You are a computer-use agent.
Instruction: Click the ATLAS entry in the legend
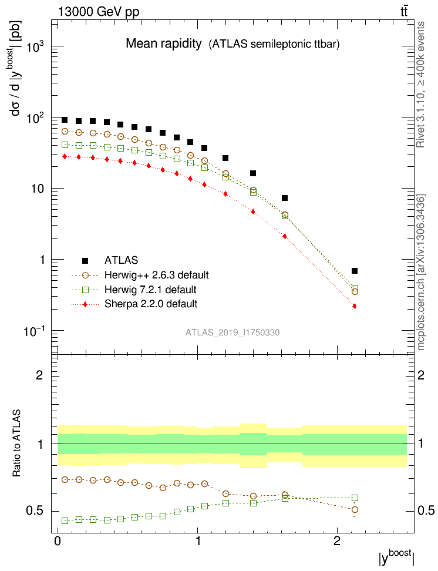[x=122, y=260]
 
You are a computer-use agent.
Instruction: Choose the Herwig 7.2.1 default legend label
[x=150, y=290]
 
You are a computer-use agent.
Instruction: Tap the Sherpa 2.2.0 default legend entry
[x=150, y=304]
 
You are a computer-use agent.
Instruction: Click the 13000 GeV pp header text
[x=99, y=11]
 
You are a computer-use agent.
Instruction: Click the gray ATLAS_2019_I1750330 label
[x=233, y=332]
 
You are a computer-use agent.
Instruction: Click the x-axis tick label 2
[x=337, y=540]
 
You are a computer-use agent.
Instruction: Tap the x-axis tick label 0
[x=57, y=540]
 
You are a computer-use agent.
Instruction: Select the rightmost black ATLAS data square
[x=355, y=271]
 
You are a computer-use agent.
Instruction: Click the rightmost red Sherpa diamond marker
[x=355, y=306]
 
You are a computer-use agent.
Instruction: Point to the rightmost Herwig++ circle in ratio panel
[x=355, y=509]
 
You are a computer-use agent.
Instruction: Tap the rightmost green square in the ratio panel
[x=355, y=498]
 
